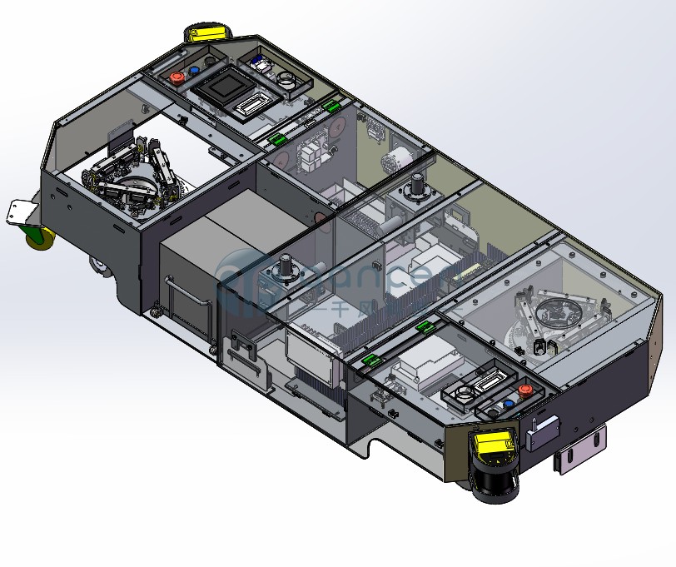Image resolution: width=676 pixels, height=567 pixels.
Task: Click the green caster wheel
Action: (37, 237)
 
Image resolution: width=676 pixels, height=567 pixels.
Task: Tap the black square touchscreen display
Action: (226, 86)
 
